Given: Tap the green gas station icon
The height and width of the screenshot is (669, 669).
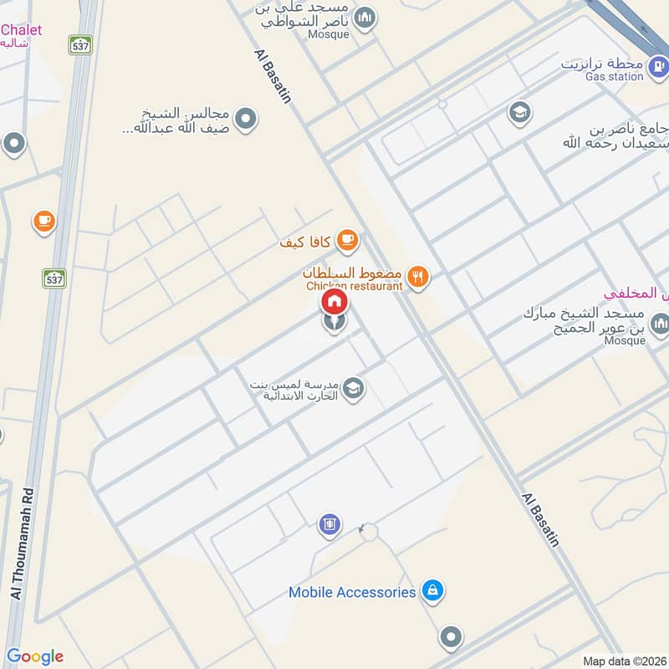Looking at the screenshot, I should pos(658,64).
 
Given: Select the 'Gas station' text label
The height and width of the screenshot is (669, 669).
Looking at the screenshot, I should pos(614,77).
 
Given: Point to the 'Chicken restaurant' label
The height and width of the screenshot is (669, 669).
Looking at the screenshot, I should pos(354,286).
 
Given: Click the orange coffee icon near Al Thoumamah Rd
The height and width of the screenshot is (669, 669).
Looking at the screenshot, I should pos(44,222).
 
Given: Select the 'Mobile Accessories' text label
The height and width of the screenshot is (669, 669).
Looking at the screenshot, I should pos(352,592).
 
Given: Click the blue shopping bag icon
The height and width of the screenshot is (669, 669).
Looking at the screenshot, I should pos(432,592).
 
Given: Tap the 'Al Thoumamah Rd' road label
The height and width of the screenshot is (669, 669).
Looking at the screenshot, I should pos(26,544).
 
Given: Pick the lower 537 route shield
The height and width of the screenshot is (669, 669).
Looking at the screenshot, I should pos(54,278).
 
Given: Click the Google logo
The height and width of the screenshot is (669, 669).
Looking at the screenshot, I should pos(35,656).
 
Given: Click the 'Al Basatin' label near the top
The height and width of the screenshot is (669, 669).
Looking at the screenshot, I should pos(272,75).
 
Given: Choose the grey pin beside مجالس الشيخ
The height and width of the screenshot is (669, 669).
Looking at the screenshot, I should pos(245,120).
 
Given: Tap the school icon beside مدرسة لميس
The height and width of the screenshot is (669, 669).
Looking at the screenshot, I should pos(354,388).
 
